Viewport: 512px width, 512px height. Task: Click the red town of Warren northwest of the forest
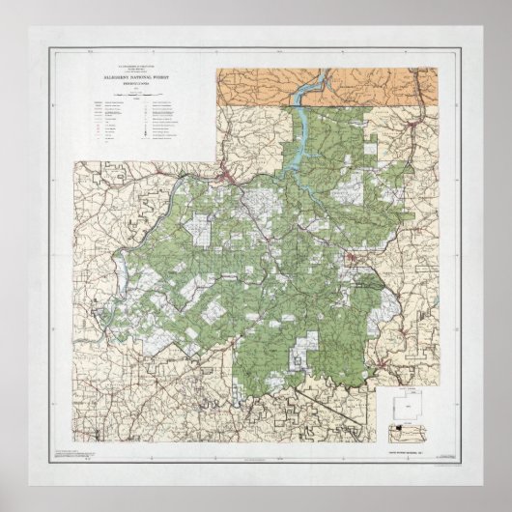pos(226,175)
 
